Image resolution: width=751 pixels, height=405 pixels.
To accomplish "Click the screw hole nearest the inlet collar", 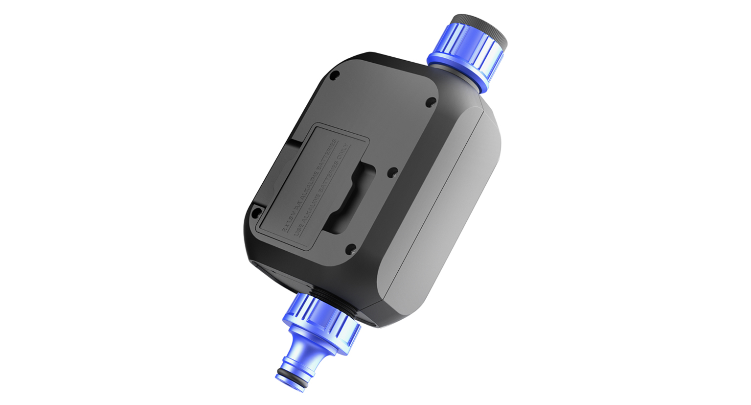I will [431, 102].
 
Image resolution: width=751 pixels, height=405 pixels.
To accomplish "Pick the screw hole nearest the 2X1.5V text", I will [256, 213].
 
